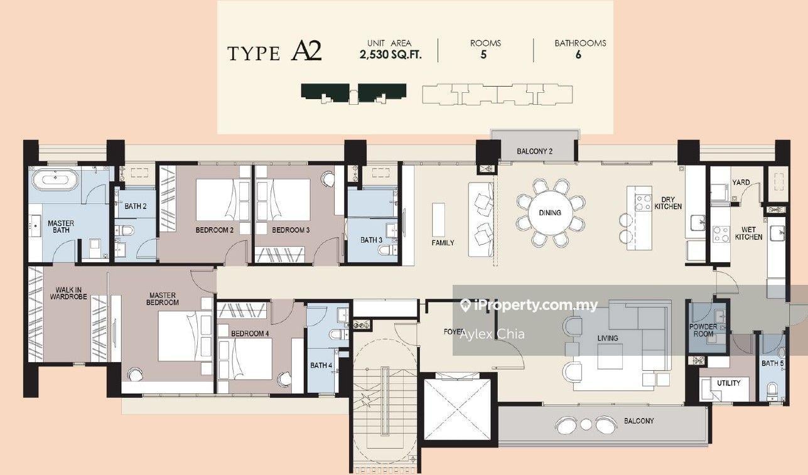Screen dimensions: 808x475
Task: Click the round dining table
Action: pyautogui.click(x=550, y=213)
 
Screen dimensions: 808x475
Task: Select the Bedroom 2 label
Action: pyautogui.click(x=214, y=230)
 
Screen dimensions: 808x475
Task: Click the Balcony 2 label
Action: pyautogui.click(x=534, y=151)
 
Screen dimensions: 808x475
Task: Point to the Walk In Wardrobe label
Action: pyautogui.click(x=68, y=293)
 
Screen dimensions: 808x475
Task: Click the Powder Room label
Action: pyautogui.click(x=703, y=330)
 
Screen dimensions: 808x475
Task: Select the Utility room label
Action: pyautogui.click(x=729, y=383)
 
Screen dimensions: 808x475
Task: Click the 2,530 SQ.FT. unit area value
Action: pyautogui.click(x=391, y=55)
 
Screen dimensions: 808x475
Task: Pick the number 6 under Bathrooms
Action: pyautogui.click(x=578, y=55)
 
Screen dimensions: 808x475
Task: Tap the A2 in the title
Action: pyautogui.click(x=306, y=51)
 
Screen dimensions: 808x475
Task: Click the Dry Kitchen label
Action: pyautogui.click(x=668, y=203)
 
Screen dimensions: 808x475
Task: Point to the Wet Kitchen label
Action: pyautogui.click(x=748, y=233)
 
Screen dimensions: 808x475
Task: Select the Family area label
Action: pyautogui.click(x=443, y=243)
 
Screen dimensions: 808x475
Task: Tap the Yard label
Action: pyautogui.click(x=741, y=183)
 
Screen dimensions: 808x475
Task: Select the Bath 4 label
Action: pyautogui.click(x=321, y=365)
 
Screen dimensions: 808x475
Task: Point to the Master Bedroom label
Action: pyautogui.click(x=163, y=299)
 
